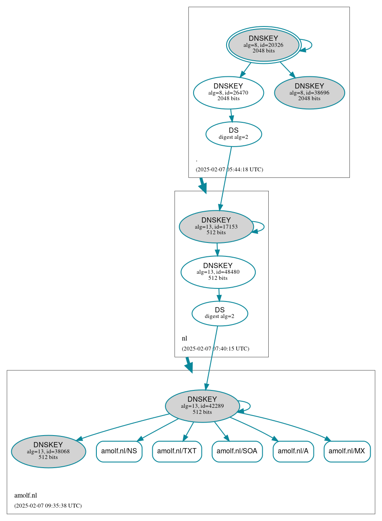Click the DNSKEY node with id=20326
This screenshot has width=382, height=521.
click(263, 45)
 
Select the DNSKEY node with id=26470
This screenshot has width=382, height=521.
click(228, 92)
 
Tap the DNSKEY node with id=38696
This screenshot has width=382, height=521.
click(309, 92)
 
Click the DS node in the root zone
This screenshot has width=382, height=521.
click(234, 134)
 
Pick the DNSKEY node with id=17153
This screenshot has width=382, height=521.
click(216, 226)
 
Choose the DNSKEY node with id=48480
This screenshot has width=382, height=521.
click(218, 272)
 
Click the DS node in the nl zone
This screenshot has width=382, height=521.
click(220, 313)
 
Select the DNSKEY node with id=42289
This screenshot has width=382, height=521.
click(202, 406)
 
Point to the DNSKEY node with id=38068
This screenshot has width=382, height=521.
click(48, 451)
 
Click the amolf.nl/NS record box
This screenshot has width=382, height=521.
click(119, 451)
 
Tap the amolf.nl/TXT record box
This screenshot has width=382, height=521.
click(177, 451)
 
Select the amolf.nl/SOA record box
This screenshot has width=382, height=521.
click(237, 451)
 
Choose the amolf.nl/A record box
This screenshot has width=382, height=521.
click(293, 451)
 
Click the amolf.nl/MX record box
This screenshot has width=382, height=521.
click(347, 451)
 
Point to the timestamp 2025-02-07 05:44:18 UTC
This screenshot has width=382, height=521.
click(229, 170)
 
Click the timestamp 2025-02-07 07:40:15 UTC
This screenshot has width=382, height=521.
click(215, 349)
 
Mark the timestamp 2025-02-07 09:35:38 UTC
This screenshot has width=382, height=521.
click(48, 506)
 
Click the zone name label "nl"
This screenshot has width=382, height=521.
click(184, 338)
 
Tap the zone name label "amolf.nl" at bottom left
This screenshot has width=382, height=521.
click(26, 495)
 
